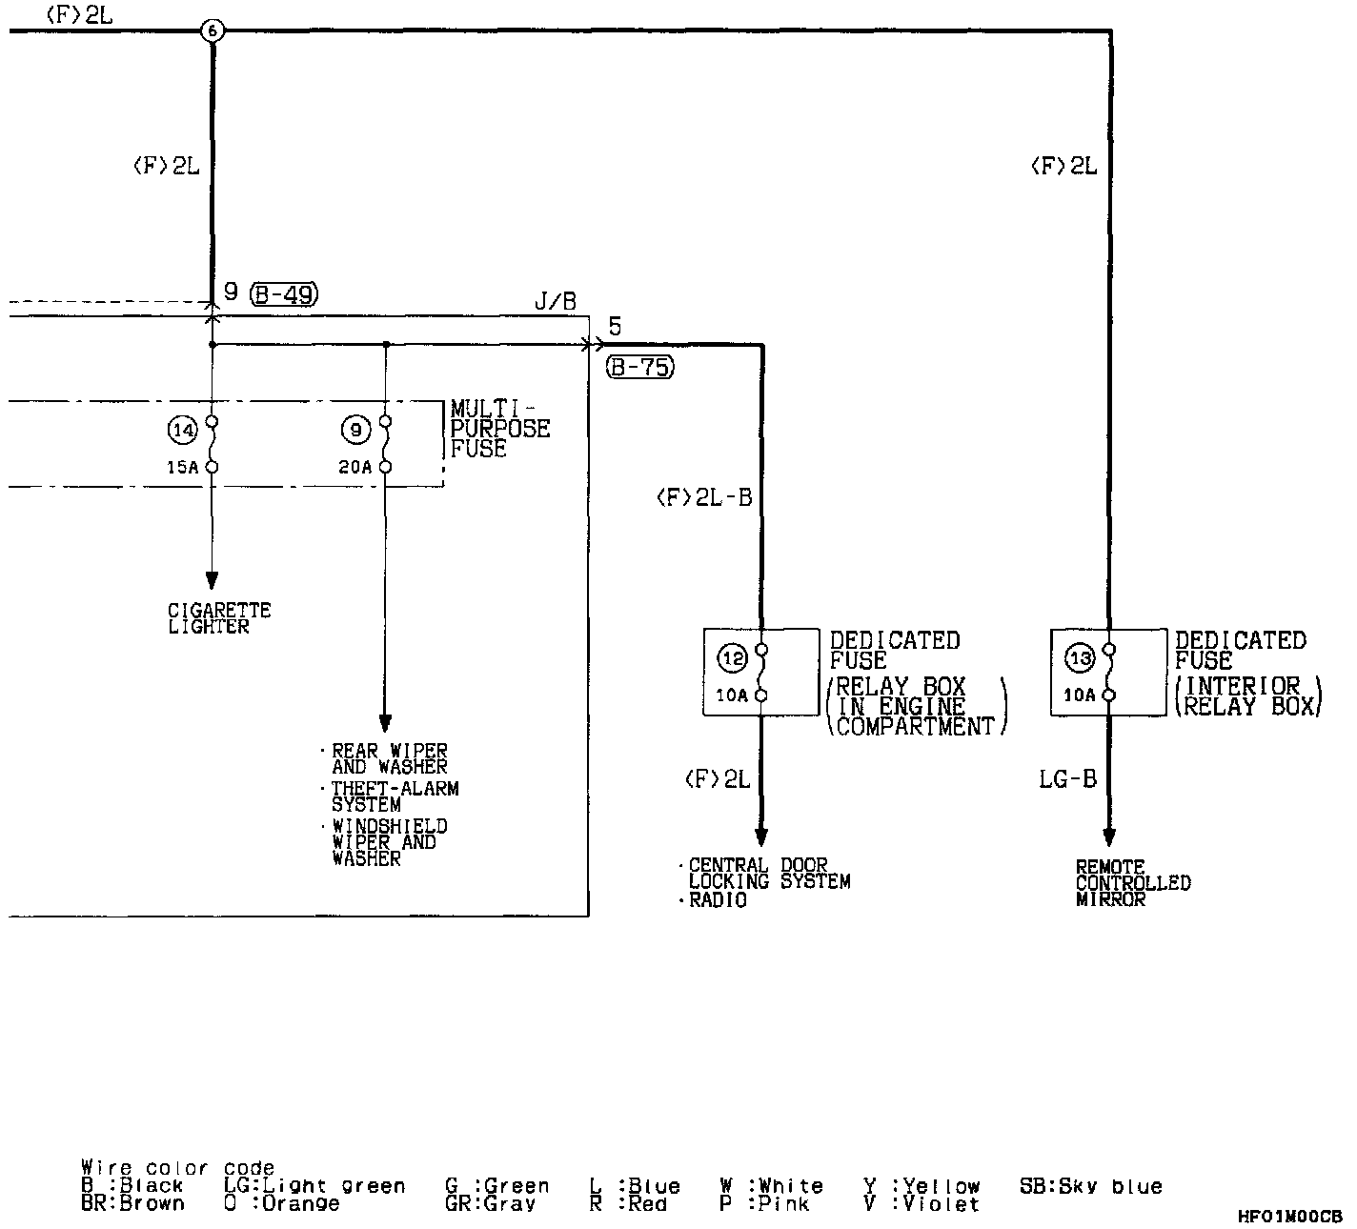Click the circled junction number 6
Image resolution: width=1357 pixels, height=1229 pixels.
(212, 30)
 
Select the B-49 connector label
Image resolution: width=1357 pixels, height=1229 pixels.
(283, 294)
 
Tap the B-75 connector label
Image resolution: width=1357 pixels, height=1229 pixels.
(639, 367)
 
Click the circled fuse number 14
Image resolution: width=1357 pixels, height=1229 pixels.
(181, 431)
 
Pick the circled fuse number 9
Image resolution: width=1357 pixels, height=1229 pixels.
(354, 431)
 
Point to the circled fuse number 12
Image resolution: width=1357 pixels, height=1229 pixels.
(733, 657)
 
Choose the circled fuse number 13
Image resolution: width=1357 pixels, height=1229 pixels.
(1080, 657)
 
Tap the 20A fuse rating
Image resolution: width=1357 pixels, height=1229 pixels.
(354, 467)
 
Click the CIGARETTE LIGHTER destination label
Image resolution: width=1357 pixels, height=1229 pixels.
(219, 618)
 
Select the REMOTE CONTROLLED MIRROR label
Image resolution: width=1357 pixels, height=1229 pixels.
(1132, 883)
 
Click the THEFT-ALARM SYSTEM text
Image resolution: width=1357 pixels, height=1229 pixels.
(395, 796)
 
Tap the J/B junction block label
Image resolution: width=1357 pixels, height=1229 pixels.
(555, 303)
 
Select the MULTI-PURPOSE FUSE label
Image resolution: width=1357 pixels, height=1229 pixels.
(499, 430)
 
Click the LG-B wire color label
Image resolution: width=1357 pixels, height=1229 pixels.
(1067, 779)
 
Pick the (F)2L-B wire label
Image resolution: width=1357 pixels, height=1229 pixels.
(704, 497)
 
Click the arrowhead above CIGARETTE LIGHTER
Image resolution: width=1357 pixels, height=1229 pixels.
(212, 580)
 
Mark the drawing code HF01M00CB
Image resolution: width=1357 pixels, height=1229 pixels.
(1289, 1217)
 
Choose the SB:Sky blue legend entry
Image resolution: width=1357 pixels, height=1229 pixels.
(1090, 1187)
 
